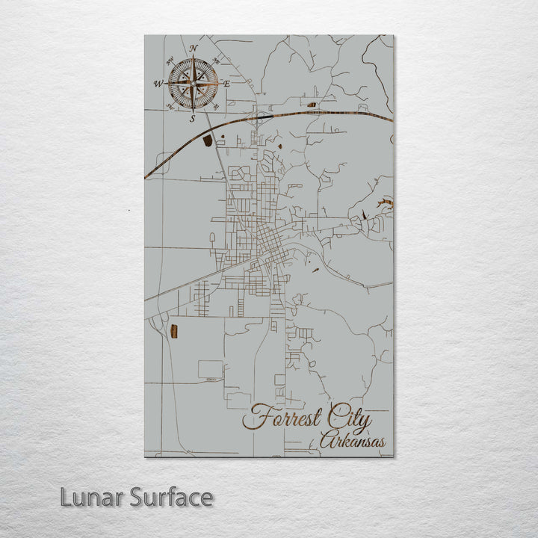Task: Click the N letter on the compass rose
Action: [194, 49]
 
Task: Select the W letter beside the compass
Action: [158, 84]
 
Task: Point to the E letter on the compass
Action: [227, 84]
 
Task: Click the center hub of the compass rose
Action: [193, 84]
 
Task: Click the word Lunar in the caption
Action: [92, 497]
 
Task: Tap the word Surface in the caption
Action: [171, 497]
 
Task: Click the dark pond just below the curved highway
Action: [208, 140]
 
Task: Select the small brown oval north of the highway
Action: [312, 105]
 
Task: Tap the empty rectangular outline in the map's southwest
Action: [210, 368]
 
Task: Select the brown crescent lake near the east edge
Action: [385, 202]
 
